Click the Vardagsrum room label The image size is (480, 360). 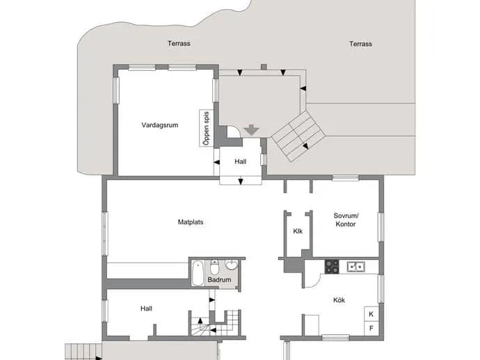(160, 125)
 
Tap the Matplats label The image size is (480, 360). (191, 222)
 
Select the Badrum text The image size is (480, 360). (219, 279)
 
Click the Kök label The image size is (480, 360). (339, 300)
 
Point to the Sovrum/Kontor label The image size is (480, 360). (346, 220)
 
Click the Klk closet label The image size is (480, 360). (298, 231)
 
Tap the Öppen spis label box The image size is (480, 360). (207, 128)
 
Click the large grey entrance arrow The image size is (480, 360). (252, 130)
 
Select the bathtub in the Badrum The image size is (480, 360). (198, 273)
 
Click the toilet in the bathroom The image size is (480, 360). (214, 268)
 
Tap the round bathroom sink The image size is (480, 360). (232, 265)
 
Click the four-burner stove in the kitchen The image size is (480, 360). (332, 266)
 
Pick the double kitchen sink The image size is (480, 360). (355, 267)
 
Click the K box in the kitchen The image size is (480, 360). (371, 314)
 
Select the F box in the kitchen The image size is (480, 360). (371, 328)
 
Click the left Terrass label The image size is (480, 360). (179, 43)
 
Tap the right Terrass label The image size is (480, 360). (360, 44)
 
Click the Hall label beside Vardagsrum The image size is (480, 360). (240, 161)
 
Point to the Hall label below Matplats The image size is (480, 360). (146, 309)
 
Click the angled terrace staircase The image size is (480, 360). (298, 136)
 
